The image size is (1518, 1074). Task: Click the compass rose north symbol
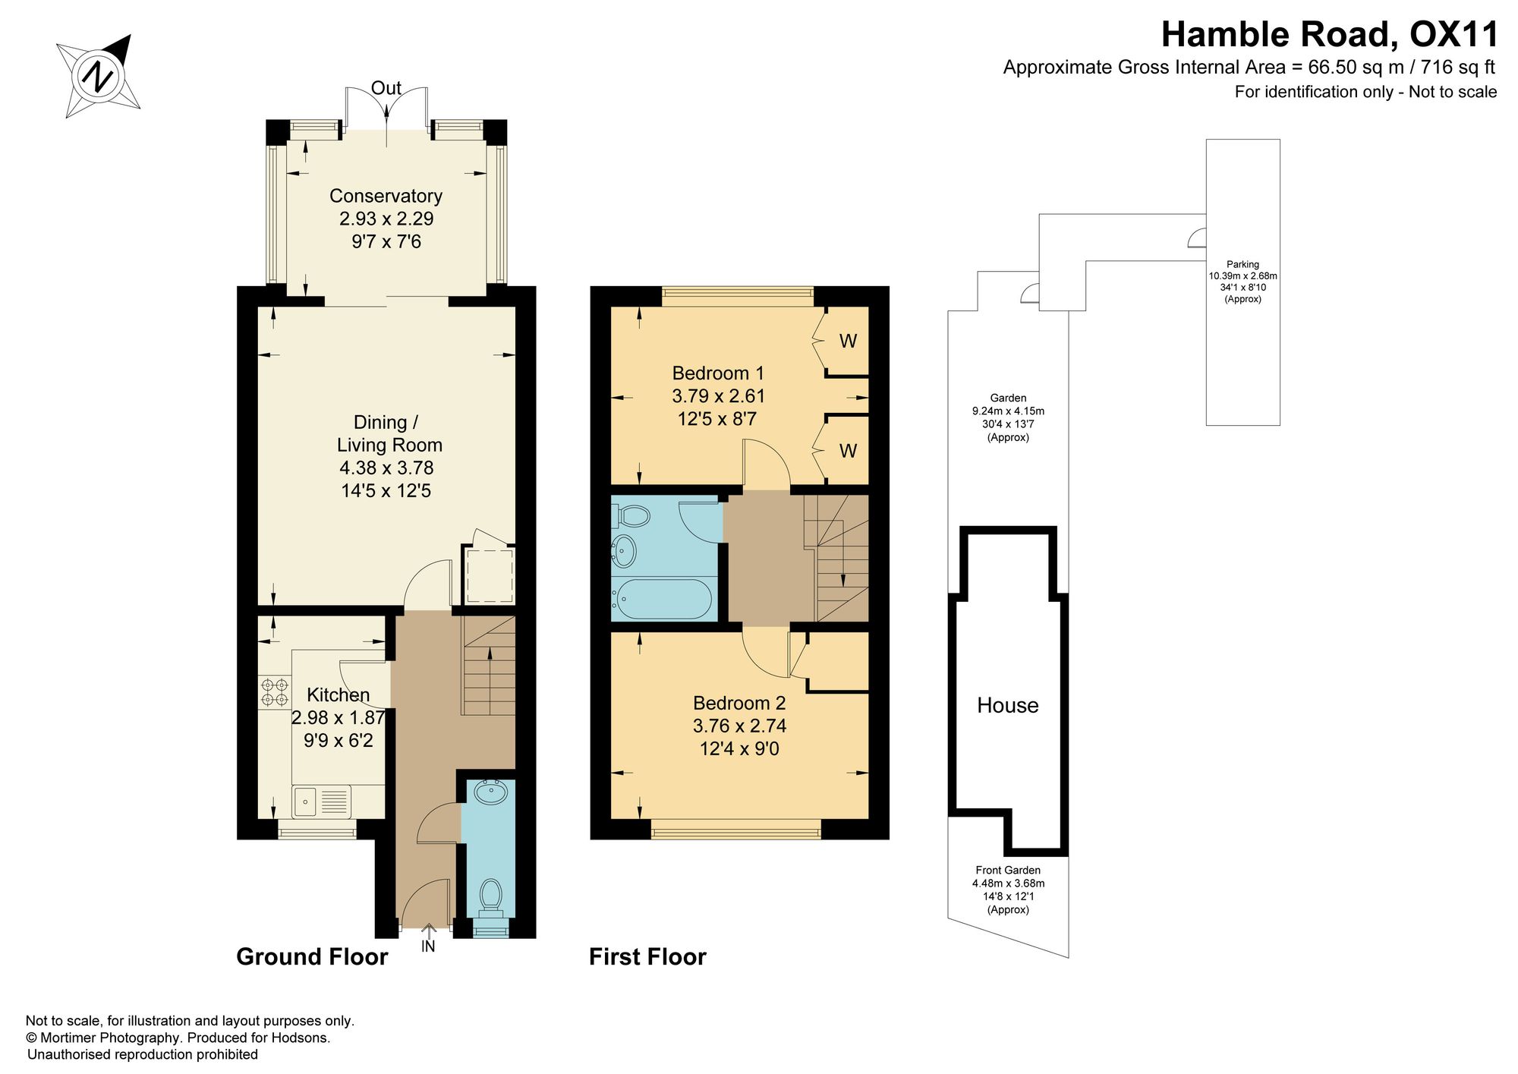coord(99,76)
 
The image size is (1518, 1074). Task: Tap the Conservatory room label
coord(386,196)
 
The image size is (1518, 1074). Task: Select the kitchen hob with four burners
coord(274,692)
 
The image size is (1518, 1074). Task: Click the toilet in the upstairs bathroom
coord(631,516)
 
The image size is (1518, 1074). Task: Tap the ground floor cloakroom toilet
coord(491,896)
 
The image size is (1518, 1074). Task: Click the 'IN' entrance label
coord(428,946)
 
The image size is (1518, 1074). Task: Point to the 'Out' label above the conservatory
coord(386,88)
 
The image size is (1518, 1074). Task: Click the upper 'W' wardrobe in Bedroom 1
coord(848,342)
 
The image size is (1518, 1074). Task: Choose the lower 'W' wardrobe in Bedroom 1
coord(848,451)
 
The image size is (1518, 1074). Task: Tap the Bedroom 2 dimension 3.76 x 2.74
coord(739,726)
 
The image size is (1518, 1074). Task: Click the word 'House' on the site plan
coord(1007,705)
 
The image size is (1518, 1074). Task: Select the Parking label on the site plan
coord(1242,264)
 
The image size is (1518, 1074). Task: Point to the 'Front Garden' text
coord(1008,870)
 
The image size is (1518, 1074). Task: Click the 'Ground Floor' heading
coord(312,956)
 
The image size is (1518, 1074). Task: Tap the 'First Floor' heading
coord(647,956)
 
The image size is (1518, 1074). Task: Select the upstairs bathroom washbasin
coord(625,551)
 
